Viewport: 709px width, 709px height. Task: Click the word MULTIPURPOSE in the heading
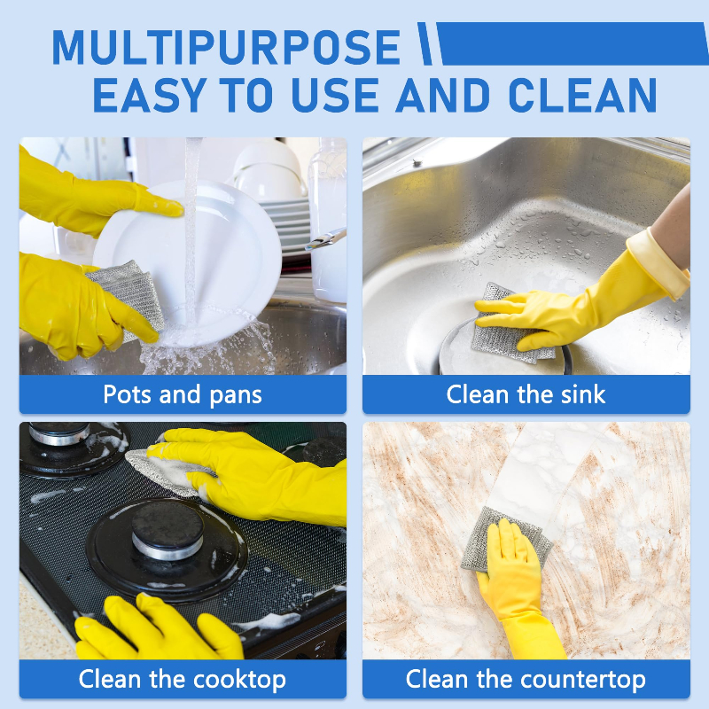click(226, 48)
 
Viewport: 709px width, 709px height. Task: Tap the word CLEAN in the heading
click(582, 95)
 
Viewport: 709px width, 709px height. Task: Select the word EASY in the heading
click(150, 95)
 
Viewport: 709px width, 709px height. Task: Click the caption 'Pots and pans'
click(183, 394)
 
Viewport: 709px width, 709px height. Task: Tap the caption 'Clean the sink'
click(526, 394)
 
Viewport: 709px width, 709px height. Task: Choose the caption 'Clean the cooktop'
click(183, 680)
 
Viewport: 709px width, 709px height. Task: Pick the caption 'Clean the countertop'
click(526, 680)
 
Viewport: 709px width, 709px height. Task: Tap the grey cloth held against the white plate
click(129, 294)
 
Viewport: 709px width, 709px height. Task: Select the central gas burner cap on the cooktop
click(168, 529)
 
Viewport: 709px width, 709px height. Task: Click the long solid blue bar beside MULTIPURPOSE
click(572, 43)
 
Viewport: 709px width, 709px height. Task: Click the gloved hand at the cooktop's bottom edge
click(159, 628)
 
